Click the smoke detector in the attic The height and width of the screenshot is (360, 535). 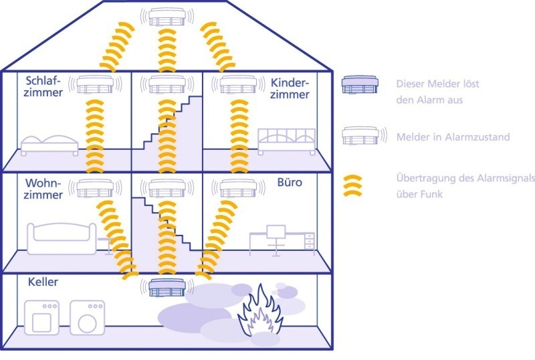click(167, 17)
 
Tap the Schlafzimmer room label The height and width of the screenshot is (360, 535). click(43, 86)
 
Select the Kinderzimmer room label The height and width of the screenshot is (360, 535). click(290, 88)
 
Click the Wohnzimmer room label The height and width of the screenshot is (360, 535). click(43, 189)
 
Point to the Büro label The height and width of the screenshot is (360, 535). click(290, 182)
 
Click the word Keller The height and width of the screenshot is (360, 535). click(43, 282)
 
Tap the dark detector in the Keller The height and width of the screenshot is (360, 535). click(167, 287)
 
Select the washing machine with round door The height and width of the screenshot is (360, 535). click(88, 318)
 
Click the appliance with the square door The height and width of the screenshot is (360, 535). click(41, 318)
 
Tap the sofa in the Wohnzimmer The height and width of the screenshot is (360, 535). click(62, 238)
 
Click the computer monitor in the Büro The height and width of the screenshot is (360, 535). click(276, 232)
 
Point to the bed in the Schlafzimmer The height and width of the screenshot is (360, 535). click(49, 145)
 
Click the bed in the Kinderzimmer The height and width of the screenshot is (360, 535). click(287, 141)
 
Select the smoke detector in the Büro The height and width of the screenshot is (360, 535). click(239, 188)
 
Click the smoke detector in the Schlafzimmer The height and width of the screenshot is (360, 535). click(95, 84)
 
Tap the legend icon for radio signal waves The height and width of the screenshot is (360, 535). click(352, 186)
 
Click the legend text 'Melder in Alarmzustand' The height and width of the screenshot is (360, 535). click(453, 137)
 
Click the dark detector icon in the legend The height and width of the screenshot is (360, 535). click(360, 84)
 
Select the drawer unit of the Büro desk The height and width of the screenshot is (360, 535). click(310, 242)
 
